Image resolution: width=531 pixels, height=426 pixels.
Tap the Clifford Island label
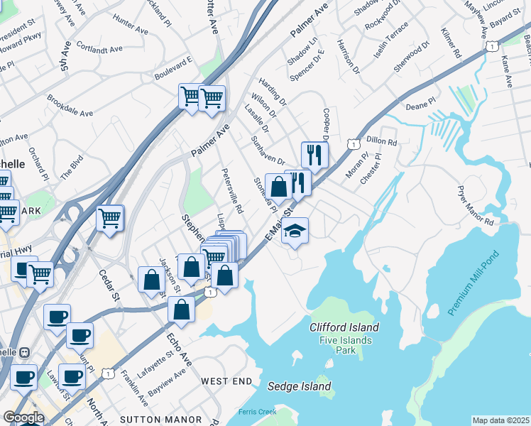(344, 327)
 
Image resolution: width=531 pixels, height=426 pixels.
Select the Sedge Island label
(299, 386)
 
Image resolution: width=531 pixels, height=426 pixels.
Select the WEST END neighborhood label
(226, 381)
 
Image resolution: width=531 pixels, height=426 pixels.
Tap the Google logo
(23, 417)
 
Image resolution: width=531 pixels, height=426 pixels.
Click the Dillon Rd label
(381, 141)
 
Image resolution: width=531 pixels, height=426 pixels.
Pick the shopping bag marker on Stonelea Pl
(279, 187)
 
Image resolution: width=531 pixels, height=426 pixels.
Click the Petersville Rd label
(233, 190)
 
